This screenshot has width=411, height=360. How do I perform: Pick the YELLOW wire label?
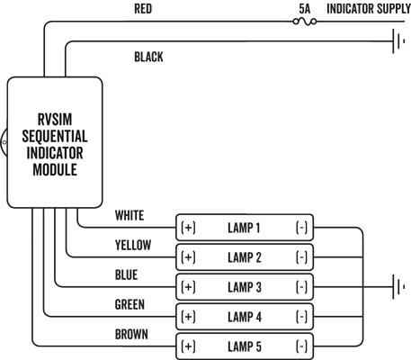pos(133,245)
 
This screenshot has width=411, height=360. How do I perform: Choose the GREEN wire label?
pos(130,304)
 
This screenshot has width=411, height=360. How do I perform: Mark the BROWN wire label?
pos(131,334)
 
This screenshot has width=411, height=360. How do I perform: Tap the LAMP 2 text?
pos(246,257)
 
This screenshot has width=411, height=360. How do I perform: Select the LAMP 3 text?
pos(246,287)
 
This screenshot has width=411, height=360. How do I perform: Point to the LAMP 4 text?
pos(246,317)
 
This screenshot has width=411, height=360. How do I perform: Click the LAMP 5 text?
pos(246,346)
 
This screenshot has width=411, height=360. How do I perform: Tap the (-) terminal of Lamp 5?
pos(301,346)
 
